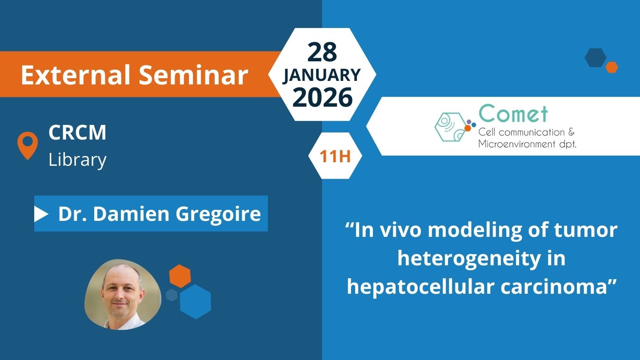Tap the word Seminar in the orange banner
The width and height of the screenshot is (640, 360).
click(193, 75)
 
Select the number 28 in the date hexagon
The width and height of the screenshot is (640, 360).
click(322, 52)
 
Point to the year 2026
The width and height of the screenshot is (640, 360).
click(322, 97)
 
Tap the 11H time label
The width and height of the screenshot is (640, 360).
click(335, 156)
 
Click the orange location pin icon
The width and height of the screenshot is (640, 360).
click(28, 145)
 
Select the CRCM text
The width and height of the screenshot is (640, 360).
click(77, 132)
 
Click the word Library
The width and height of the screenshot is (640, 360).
click(77, 160)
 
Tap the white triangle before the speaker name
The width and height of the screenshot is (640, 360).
click(40, 214)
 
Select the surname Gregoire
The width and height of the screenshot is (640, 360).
click(218, 214)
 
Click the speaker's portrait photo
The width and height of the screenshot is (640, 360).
click(123, 295)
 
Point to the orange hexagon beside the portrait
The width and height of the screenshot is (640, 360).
click(180, 276)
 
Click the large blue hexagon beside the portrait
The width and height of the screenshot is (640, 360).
click(196, 301)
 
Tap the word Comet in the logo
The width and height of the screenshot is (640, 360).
click(513, 113)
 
